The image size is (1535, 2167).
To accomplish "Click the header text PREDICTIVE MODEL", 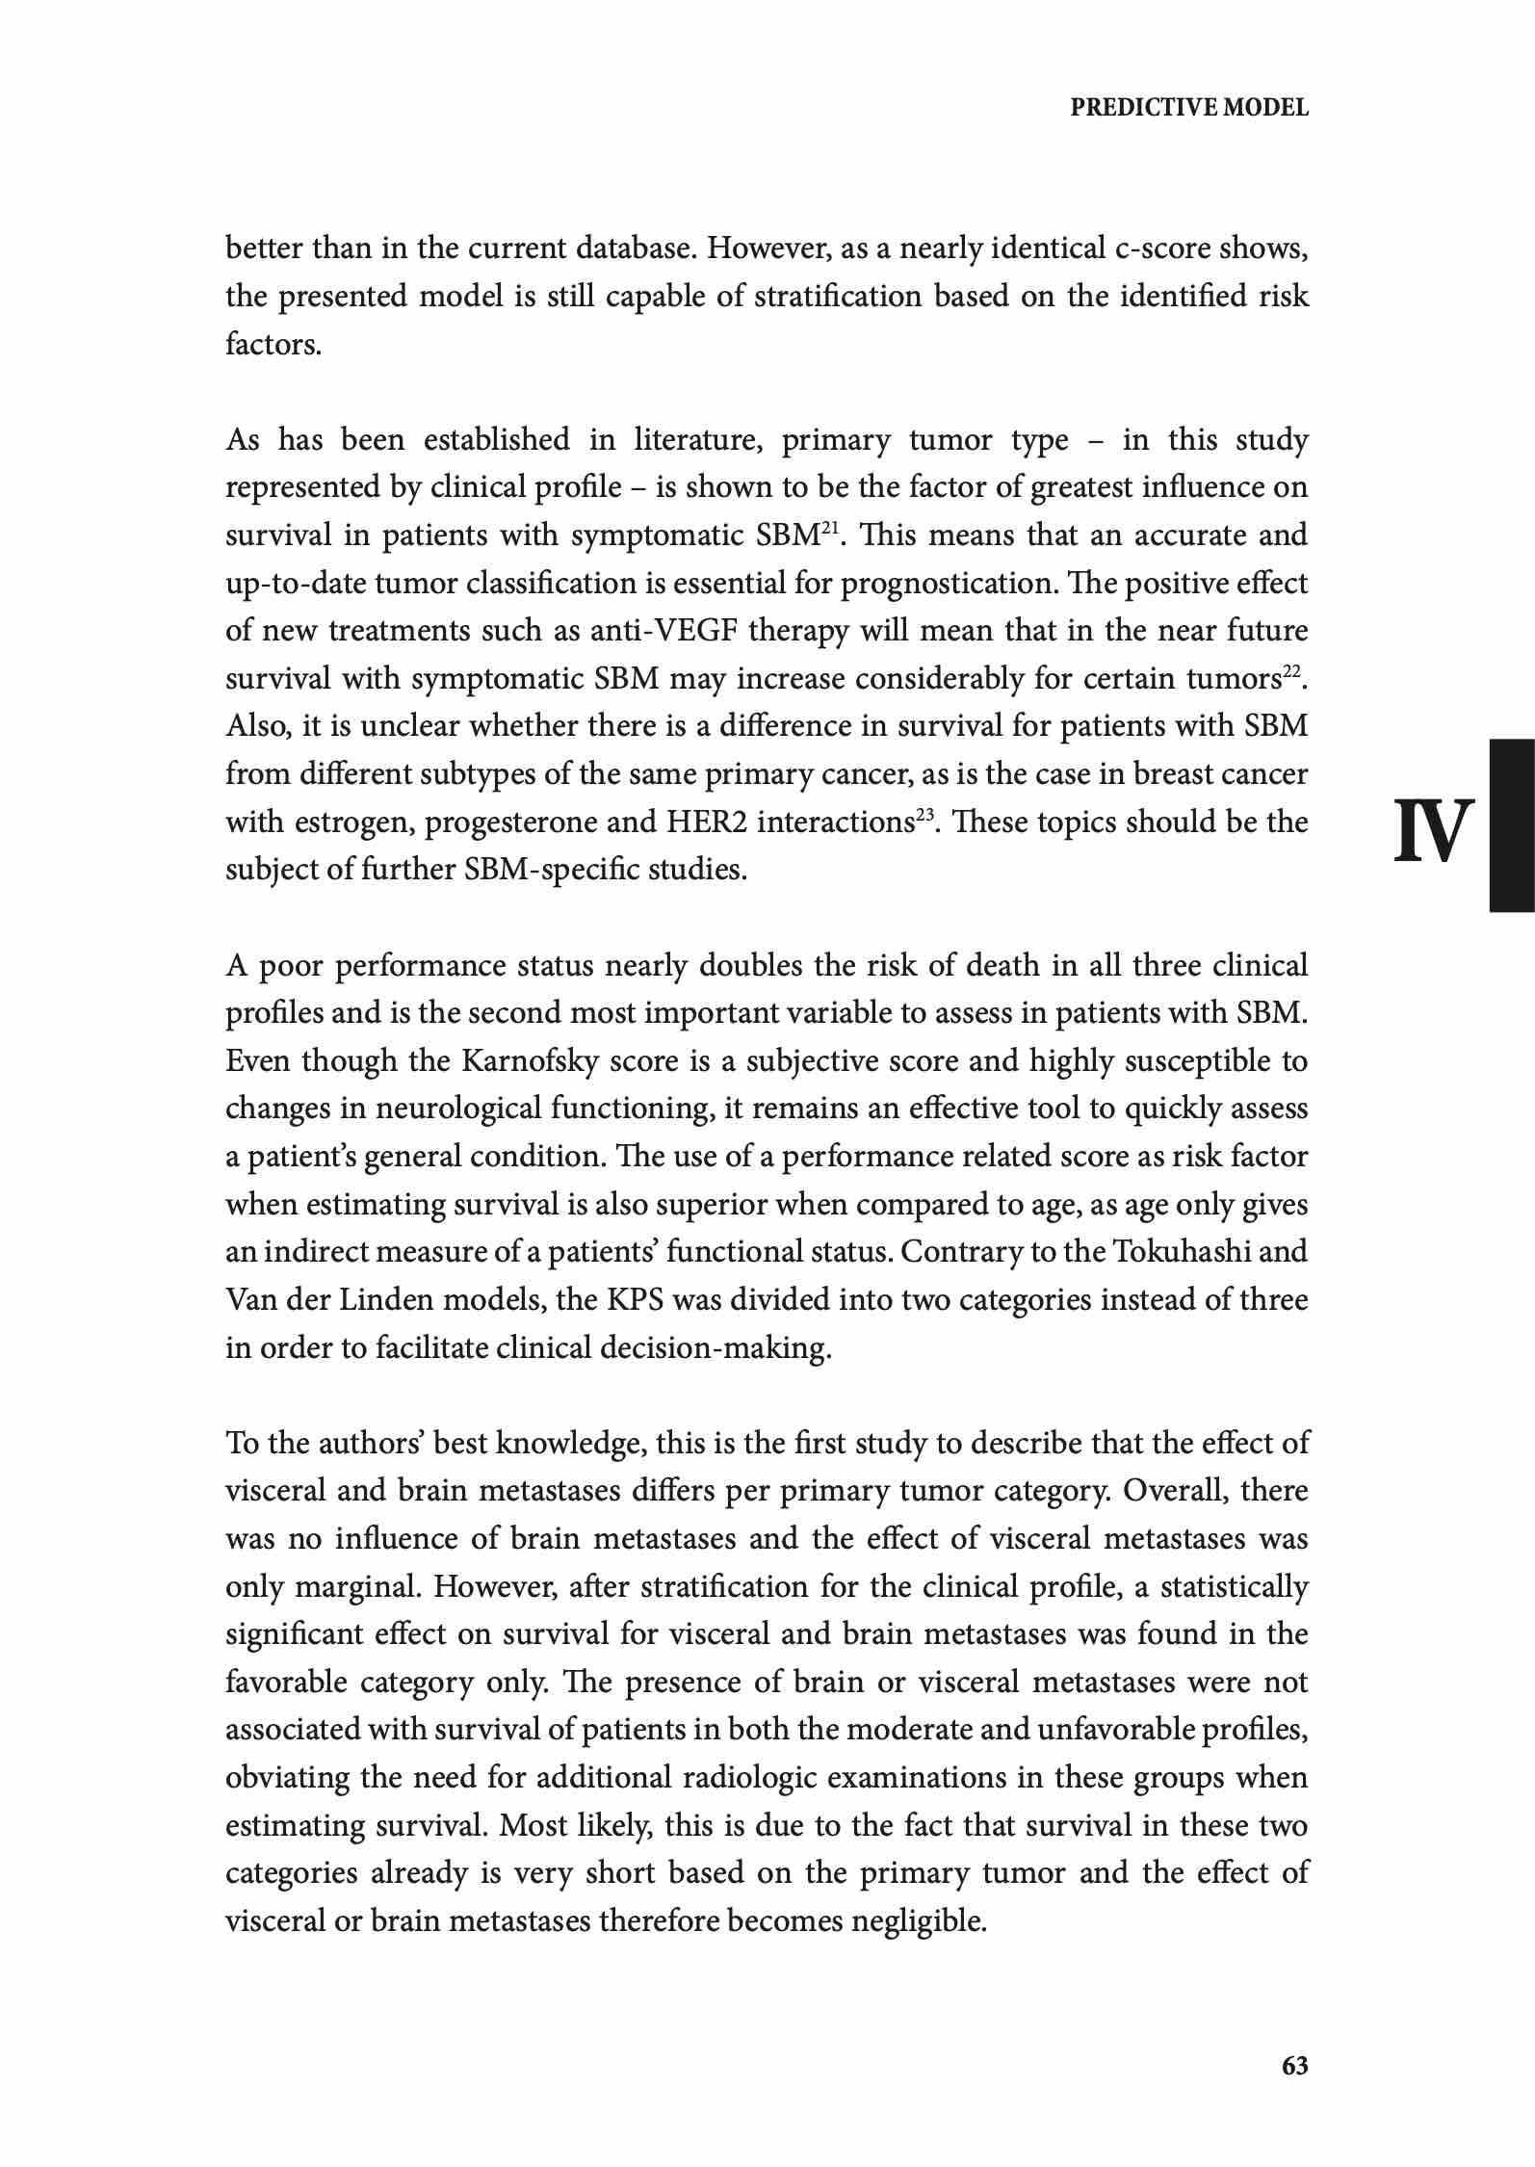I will [1189, 108].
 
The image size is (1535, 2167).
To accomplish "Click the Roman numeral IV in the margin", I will [1434, 830].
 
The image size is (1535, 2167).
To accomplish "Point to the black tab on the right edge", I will [1512, 824].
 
